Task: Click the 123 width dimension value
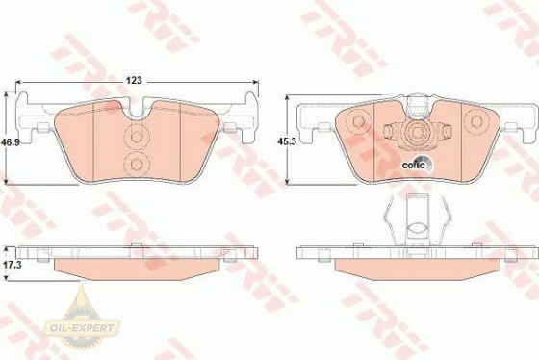(x=134, y=81)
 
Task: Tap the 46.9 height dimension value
(x=10, y=141)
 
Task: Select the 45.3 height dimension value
(x=287, y=141)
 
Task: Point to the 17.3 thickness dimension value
(x=12, y=265)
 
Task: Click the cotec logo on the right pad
(x=417, y=165)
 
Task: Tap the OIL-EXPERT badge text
(x=82, y=328)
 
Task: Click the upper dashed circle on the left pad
(x=137, y=137)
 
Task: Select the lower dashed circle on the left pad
(x=137, y=165)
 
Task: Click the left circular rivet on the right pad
(x=358, y=121)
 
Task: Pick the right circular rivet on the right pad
(x=476, y=121)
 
